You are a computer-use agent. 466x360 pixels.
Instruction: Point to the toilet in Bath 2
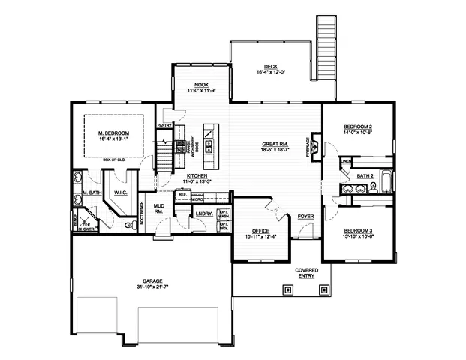pos(372,188)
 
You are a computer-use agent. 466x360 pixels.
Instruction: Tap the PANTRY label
pos(164,125)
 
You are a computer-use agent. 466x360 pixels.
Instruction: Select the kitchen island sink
pos(209,145)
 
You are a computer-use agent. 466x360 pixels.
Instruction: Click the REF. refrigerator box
pos(182,196)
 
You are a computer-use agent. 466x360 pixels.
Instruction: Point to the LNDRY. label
pos(203,214)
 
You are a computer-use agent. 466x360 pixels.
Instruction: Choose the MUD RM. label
pos(159,208)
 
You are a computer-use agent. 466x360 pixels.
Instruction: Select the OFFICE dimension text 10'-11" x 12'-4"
pos(260,236)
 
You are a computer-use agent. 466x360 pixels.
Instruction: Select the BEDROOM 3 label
pos(358,230)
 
